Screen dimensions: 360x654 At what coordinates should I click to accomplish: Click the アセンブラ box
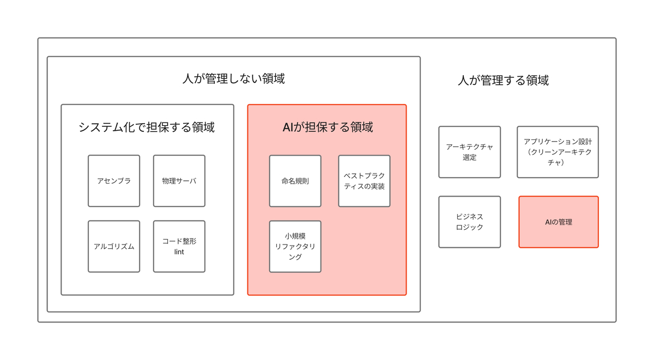tap(114, 181)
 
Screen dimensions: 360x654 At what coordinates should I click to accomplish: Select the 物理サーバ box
tap(179, 181)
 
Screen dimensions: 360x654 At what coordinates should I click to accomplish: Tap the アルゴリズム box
tap(114, 246)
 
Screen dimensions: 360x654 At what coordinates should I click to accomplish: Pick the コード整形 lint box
tap(179, 246)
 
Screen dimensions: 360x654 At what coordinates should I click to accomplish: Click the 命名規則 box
tap(295, 181)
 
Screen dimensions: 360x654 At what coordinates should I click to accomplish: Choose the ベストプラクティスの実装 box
tap(364, 181)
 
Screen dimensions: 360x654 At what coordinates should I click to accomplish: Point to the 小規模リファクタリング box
tap(295, 246)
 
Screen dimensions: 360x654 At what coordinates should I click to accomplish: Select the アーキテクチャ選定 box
tap(469, 152)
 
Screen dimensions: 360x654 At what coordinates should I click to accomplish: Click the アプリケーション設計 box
tap(558, 152)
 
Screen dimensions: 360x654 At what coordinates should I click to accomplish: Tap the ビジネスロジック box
tap(469, 222)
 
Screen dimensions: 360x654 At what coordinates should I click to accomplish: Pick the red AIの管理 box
tap(559, 222)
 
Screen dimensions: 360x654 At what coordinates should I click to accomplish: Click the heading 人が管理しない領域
tap(233, 79)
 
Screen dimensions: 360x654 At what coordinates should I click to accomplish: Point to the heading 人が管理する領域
tap(503, 81)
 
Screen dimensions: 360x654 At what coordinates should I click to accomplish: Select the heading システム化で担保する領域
tap(147, 127)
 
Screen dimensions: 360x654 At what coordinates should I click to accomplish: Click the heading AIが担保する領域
tap(327, 127)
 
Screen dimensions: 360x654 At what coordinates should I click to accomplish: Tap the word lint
tap(179, 252)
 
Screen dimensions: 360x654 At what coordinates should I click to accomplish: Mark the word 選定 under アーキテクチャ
tap(469, 157)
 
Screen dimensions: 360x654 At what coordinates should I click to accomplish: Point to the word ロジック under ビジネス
tap(469, 227)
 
